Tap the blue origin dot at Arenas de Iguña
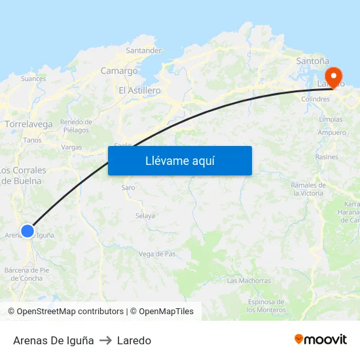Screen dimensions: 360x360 [x=27, y=230]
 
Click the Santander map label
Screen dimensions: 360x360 [x=143, y=50]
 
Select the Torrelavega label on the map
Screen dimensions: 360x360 [x=28, y=124]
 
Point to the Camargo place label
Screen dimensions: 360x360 [x=119, y=71]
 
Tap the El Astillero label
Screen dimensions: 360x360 [x=139, y=90]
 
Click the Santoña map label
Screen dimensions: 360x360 [x=308, y=61]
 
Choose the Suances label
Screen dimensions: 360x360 [x=33, y=79]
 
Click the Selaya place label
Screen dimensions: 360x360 [x=145, y=216]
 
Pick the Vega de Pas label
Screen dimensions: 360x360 [x=157, y=253]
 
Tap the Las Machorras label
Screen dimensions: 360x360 [x=249, y=281]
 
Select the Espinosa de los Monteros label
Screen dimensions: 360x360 [x=266, y=305]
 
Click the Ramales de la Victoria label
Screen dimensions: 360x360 [x=308, y=189]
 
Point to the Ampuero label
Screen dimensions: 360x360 [x=332, y=133]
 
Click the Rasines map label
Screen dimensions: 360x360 [x=327, y=157]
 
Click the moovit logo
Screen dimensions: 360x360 [x=321, y=340]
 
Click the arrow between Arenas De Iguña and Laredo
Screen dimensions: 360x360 [x=105, y=340]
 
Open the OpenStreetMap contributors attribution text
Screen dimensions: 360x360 [x=69, y=312]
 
